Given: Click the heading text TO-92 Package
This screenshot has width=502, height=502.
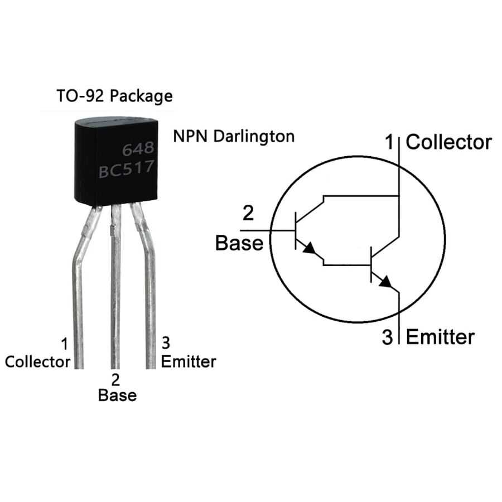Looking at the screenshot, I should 114,95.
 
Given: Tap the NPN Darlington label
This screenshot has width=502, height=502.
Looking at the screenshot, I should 234,136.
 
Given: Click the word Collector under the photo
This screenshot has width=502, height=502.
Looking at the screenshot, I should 37,361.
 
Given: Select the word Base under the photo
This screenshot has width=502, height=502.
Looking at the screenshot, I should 117,395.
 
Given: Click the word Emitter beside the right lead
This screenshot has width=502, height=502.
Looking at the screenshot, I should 188,361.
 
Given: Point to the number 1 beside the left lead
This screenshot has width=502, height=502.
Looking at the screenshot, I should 64,343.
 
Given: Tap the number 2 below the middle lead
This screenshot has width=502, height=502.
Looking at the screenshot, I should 115,380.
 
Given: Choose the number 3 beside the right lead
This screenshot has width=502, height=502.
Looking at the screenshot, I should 166,342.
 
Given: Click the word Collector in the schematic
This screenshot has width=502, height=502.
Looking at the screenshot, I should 448,142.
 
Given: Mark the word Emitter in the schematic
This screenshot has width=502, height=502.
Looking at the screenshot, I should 440,337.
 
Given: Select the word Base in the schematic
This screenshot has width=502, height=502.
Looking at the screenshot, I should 239,243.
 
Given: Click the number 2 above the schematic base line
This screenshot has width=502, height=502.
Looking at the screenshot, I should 249,214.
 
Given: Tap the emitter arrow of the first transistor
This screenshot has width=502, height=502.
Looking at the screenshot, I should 308,249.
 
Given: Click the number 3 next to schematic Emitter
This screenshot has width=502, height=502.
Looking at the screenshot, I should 388,337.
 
